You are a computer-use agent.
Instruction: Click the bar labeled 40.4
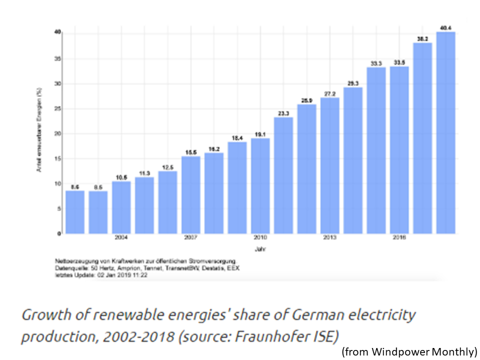445,133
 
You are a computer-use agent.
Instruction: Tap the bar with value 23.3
283,175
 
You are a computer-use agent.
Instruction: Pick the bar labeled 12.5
167,202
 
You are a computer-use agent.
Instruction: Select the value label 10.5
121,176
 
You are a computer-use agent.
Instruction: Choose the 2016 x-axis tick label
399,238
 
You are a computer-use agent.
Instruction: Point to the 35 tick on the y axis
58,58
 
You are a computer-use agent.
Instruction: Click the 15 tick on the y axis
58,159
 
